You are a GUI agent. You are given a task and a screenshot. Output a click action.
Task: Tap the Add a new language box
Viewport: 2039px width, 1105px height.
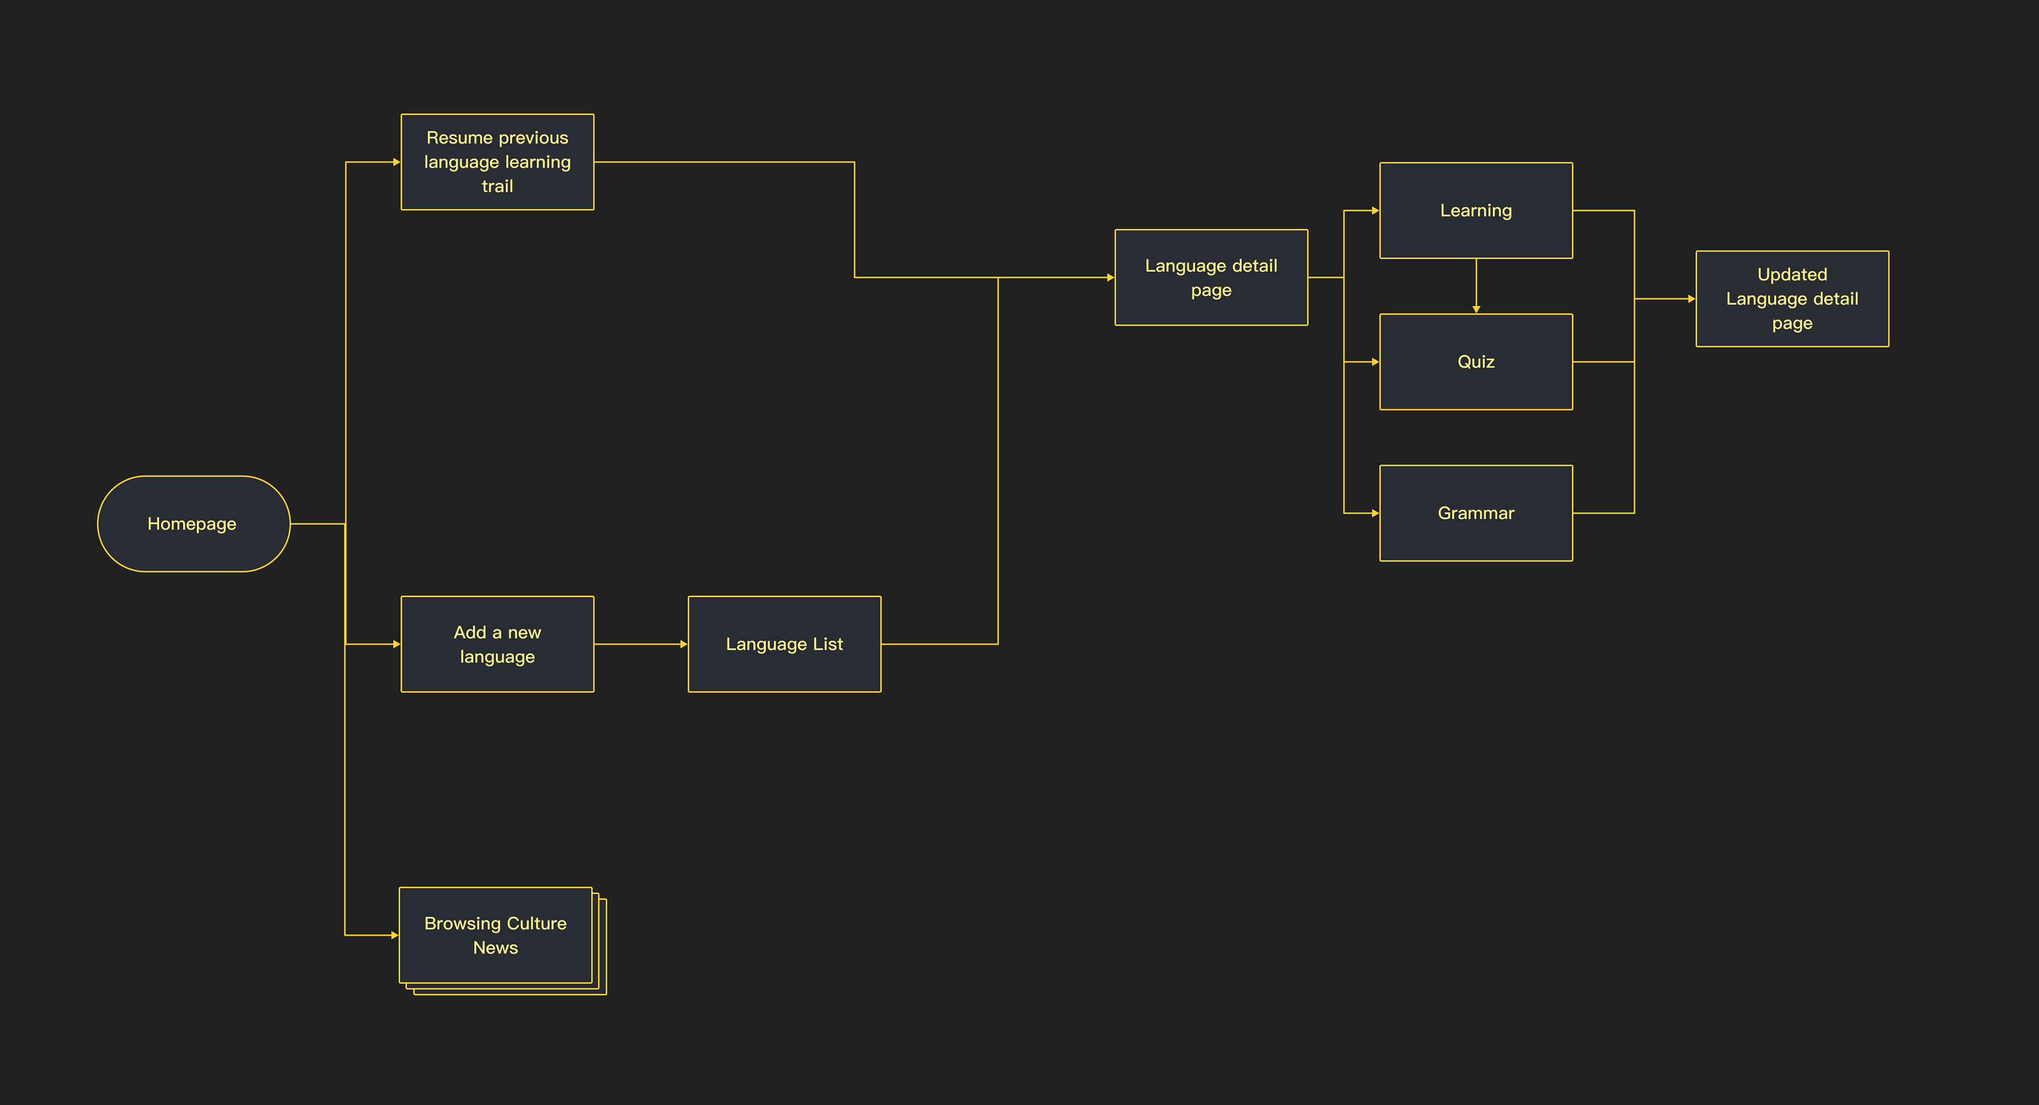pos(497,644)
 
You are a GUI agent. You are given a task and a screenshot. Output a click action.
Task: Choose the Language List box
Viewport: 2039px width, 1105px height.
pos(784,644)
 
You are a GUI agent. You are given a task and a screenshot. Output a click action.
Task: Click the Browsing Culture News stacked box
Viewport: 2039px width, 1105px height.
pos(495,935)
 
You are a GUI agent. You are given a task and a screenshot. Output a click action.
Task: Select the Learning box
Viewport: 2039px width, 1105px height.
pos(1476,211)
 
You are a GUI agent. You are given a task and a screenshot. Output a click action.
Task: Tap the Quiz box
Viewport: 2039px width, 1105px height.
pos(1476,362)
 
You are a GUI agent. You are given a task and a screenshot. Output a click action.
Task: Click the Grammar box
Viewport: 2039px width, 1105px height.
pos(1476,513)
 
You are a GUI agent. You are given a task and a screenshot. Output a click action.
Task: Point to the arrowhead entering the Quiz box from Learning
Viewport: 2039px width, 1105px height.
pos(1476,310)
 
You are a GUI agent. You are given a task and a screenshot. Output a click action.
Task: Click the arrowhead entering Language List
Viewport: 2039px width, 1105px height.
pos(684,644)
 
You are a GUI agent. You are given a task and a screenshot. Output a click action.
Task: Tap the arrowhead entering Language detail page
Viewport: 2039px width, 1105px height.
pos(1110,277)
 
